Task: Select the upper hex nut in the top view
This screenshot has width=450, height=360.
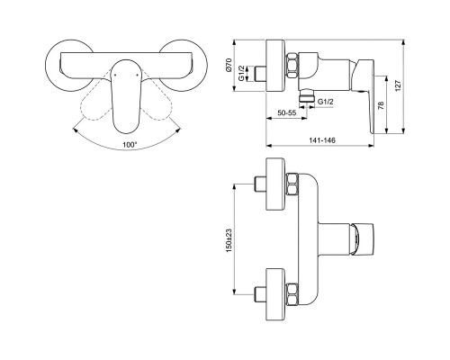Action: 292,189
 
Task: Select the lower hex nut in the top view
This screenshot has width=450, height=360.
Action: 292,294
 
